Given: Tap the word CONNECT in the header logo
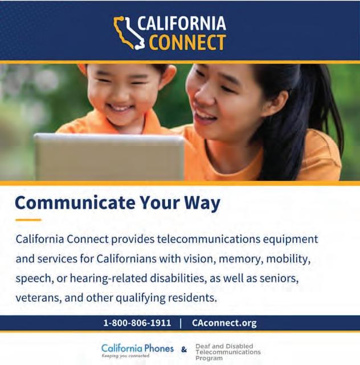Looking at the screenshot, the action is pyautogui.click(x=187, y=42).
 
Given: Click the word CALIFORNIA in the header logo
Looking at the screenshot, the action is pyautogui.click(x=182, y=23).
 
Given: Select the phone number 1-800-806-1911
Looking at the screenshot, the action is pyautogui.click(x=137, y=323).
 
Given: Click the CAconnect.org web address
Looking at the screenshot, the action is pyautogui.click(x=224, y=323).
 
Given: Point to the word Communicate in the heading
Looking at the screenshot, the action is pyautogui.click(x=75, y=202).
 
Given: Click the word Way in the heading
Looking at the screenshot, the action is pyautogui.click(x=202, y=204).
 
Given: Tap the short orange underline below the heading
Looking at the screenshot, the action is pyautogui.click(x=28, y=220).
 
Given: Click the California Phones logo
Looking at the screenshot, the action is pyautogui.click(x=137, y=350).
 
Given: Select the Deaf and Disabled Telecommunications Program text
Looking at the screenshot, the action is pyautogui.click(x=228, y=352).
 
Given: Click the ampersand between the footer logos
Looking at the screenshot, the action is pyautogui.click(x=184, y=350).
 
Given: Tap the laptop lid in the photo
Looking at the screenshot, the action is pyautogui.click(x=109, y=157).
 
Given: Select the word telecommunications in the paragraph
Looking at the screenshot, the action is pyautogui.click(x=208, y=240).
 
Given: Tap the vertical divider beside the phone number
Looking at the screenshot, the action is pyautogui.click(x=181, y=323).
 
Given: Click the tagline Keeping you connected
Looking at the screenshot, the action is pyautogui.click(x=125, y=356).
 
